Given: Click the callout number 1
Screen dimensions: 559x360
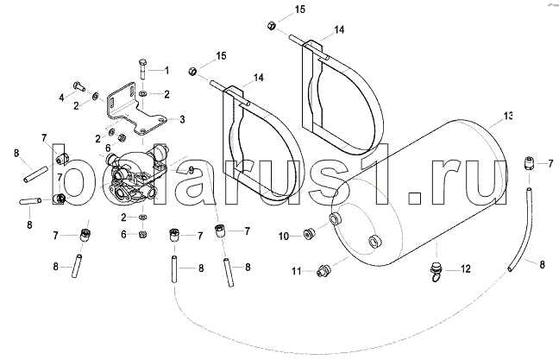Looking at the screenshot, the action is (166, 70).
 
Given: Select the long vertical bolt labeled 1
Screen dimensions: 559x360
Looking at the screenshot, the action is (141, 70).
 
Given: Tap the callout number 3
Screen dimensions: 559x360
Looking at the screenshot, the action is (182, 119).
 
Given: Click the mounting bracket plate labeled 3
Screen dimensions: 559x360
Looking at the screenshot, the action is (137, 109).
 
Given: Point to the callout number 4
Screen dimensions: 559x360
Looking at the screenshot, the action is (61, 97).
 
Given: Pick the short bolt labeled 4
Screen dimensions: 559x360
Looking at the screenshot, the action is (79, 86).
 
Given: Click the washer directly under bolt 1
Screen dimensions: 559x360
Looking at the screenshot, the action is (142, 93).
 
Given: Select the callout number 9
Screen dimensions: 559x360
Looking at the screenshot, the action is (192, 170).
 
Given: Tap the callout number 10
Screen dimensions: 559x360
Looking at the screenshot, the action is (284, 237).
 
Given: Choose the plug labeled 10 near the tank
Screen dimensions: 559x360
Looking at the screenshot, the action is (309, 234).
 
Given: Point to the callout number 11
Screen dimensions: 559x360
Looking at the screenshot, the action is (296, 272).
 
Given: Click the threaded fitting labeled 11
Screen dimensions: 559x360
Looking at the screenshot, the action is (323, 272).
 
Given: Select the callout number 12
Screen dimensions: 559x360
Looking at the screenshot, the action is (466, 269).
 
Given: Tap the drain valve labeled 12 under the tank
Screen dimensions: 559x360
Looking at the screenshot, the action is (436, 272).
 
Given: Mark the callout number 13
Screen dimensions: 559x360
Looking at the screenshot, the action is (508, 116).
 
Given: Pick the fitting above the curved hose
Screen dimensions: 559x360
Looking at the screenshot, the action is (529, 164).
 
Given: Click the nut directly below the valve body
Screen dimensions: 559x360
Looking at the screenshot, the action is (142, 235).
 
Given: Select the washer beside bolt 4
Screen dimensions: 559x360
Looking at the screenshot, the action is (96, 97).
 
